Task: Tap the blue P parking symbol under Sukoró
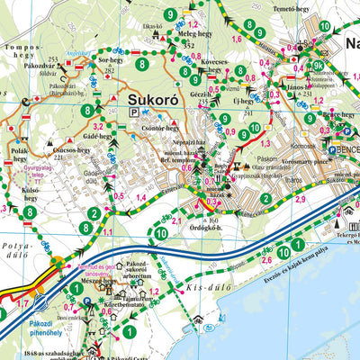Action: (x=134, y=112)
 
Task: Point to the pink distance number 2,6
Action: (x=266, y=260)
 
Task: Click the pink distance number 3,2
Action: (x=98, y=128)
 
